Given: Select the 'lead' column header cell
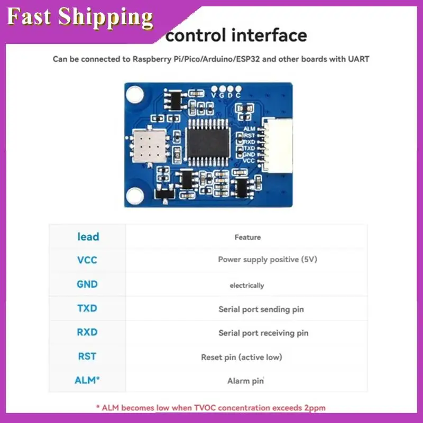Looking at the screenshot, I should coord(88,236).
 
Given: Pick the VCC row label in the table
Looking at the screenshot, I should coord(87,260).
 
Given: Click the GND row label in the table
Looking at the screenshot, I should coord(87,284).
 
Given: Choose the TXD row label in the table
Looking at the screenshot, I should coord(87,308).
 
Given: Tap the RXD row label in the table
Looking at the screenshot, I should coord(87,333).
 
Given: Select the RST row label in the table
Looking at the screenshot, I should coord(87,356).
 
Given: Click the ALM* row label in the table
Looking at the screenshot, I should coord(87,380).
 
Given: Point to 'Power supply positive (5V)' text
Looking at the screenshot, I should coord(268,260).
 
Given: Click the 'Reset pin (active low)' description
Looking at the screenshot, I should coord(242,357).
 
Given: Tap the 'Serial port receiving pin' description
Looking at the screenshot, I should coord(263,333).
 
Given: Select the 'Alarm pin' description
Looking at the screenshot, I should coord(245,381).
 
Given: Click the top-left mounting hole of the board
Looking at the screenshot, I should coord(135,95).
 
